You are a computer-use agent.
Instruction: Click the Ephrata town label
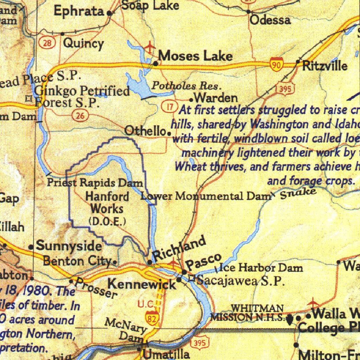coord(78,11)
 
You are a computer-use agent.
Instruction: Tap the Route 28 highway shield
coord(47,43)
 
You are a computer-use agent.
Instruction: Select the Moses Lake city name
coord(195,56)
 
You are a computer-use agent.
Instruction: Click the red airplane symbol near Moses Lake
coord(150,46)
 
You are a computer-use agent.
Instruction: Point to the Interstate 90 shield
coord(277,65)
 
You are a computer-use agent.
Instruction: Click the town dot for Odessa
coord(249,12)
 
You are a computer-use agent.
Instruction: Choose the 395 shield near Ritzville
coord(285,89)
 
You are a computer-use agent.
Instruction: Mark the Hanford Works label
coord(107,202)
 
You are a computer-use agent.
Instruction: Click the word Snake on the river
coord(298,193)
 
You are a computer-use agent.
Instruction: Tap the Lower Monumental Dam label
coord(205,196)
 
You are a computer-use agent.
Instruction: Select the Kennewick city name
coord(141,283)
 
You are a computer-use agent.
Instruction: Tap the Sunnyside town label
coord(69,246)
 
